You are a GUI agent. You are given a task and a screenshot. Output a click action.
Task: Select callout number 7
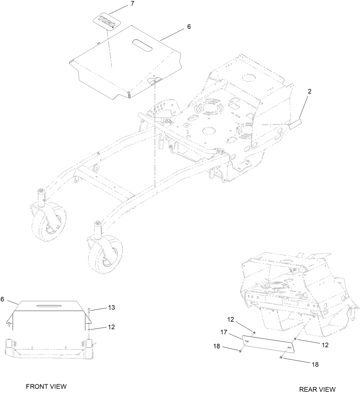132,4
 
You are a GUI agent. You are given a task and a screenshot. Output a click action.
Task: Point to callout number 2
309,91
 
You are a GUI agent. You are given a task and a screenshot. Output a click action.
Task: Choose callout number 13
111,308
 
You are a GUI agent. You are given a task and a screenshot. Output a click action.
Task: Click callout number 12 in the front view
111,327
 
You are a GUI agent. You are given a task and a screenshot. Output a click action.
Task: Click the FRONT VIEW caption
46,386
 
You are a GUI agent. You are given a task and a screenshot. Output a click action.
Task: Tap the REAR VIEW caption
317,389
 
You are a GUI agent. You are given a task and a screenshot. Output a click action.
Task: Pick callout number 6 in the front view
3,299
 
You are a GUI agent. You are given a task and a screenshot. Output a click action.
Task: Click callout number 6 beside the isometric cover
189,27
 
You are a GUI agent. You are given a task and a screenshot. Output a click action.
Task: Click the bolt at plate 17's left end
240,351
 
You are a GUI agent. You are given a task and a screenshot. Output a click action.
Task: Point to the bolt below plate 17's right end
281,358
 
